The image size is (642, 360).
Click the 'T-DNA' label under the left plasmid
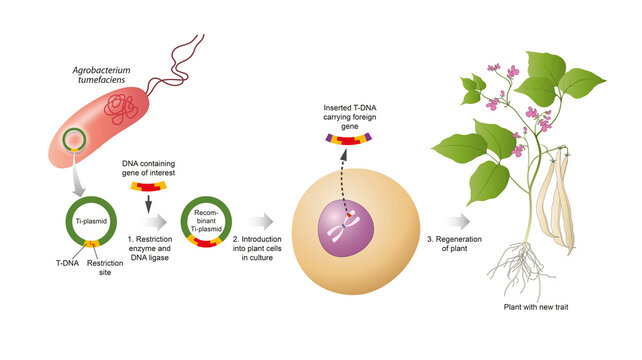pos(41,268)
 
